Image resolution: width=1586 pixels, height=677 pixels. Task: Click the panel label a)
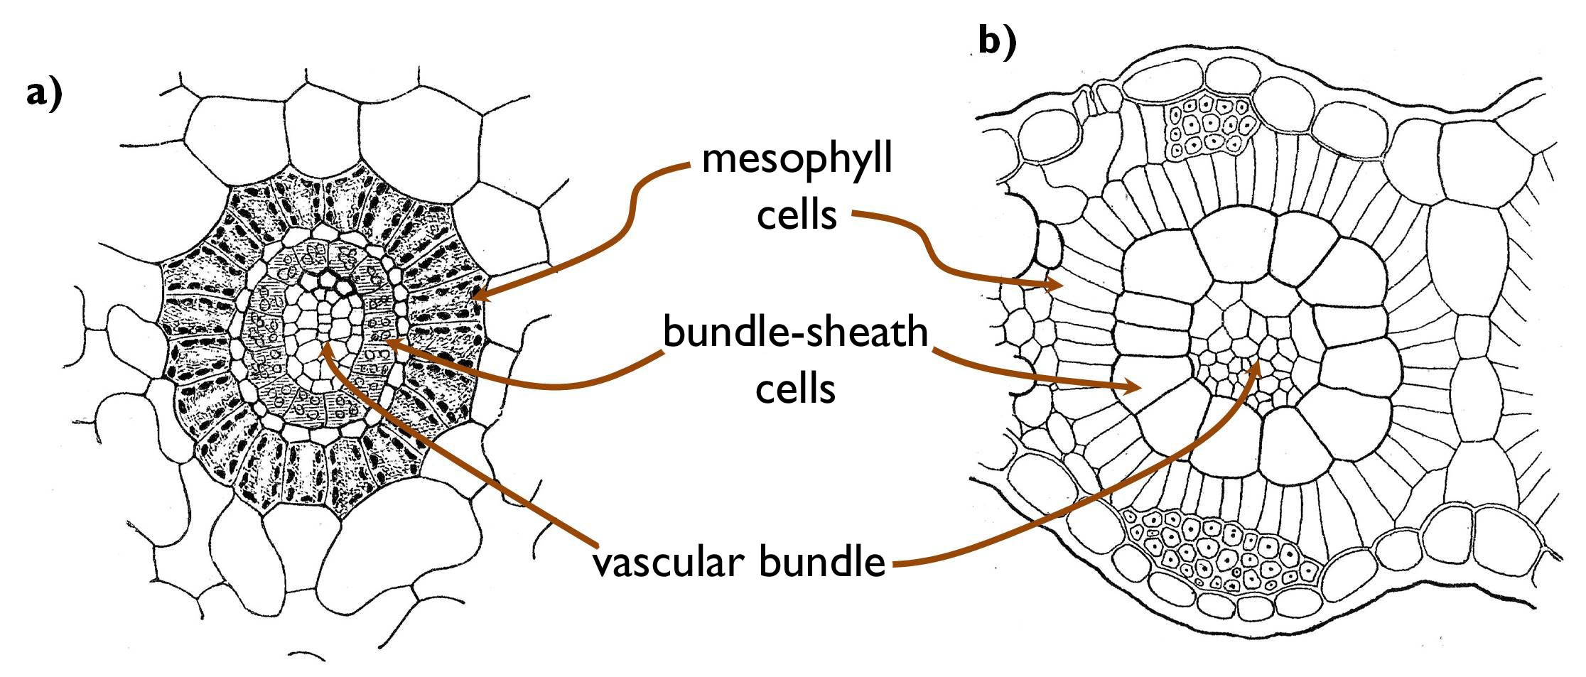point(44,94)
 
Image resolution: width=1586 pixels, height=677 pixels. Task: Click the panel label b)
point(997,42)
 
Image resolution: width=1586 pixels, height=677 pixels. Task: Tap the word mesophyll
point(797,160)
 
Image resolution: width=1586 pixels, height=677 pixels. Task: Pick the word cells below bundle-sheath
point(795,388)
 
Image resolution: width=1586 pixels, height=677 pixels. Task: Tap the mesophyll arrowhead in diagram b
point(1059,286)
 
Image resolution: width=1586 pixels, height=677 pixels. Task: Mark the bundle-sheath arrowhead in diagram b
point(1137,388)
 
